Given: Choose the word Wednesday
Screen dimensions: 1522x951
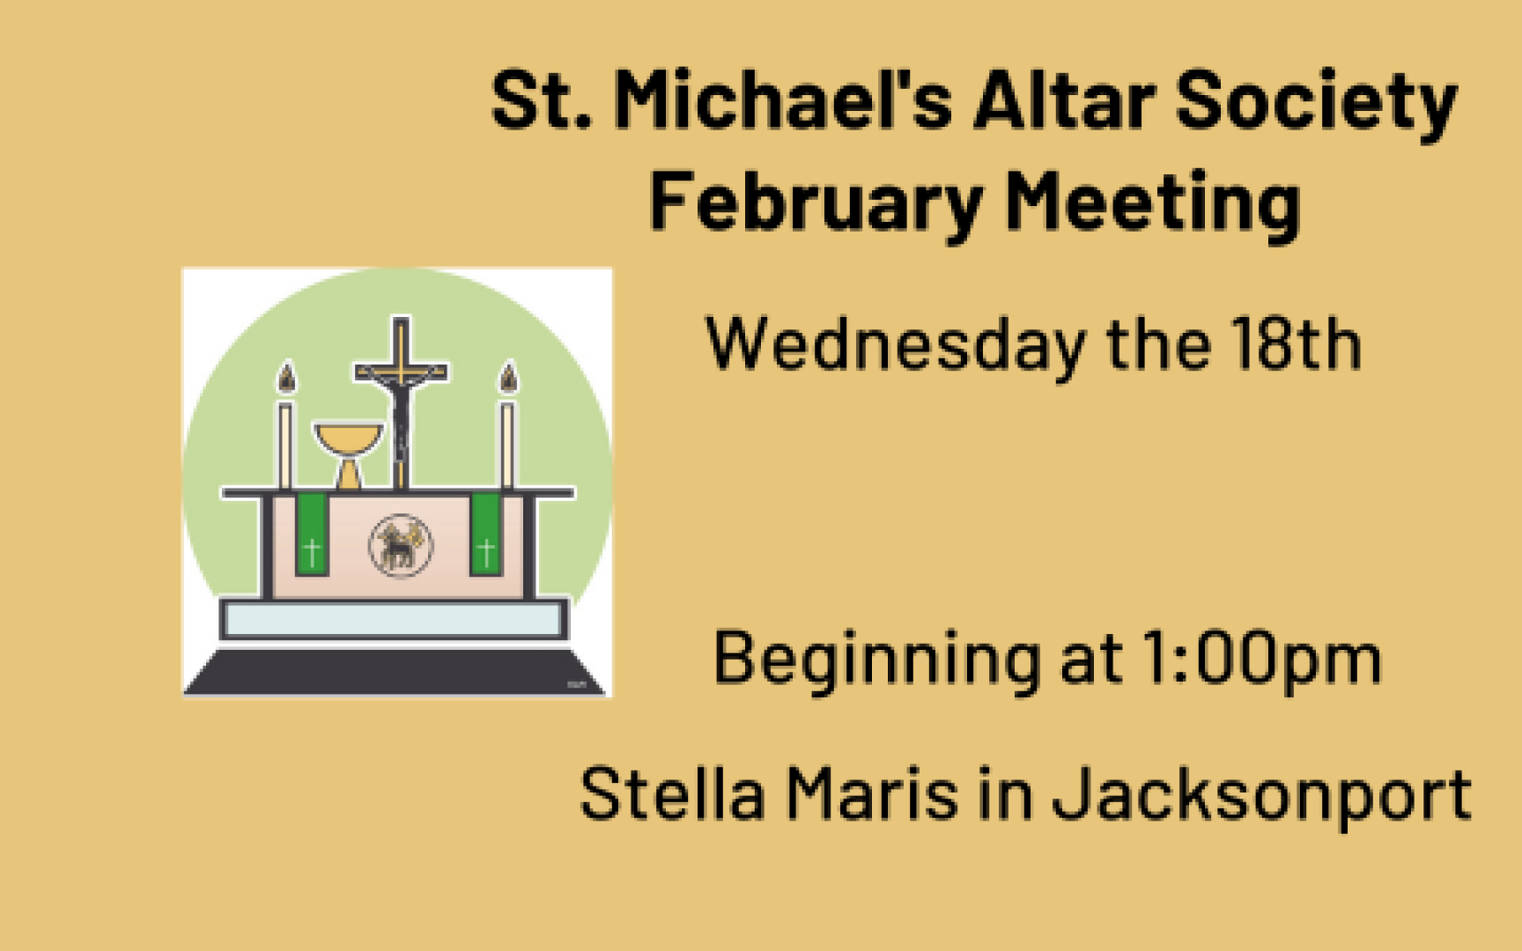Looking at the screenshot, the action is click(x=895, y=346).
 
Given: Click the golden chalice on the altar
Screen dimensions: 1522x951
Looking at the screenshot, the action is click(x=349, y=454).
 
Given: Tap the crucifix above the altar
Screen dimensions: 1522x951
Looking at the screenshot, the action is click(x=401, y=401).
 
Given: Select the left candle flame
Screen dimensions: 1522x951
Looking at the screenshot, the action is click(x=286, y=378).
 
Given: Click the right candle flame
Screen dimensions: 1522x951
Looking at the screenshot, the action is click(x=508, y=378).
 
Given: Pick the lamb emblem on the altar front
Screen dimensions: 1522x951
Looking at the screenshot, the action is click(x=401, y=546).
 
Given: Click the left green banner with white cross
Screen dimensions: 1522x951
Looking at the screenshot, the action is click(x=311, y=534).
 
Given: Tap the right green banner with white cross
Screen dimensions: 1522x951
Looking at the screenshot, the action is click(x=485, y=534).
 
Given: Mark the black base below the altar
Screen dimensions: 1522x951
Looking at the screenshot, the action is click(x=396, y=673).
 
